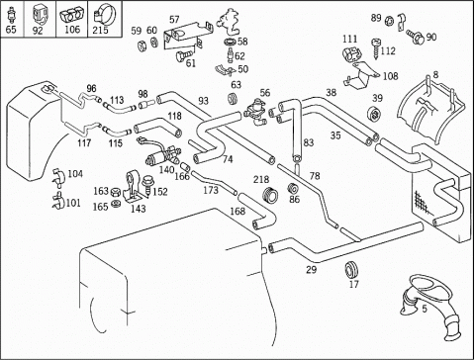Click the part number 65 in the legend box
[11, 30]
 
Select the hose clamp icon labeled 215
[105, 14]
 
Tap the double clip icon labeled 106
[71, 16]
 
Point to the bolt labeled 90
[416, 37]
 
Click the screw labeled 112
[376, 48]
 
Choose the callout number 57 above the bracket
[174, 20]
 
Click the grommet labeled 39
[374, 114]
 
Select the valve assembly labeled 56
[256, 111]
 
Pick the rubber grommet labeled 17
[351, 270]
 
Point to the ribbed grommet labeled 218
[270, 195]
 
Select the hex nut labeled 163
[115, 192]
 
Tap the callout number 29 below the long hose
[311, 270]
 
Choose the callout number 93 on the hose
[204, 101]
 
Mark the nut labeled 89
[389, 21]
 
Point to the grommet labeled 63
[233, 99]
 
